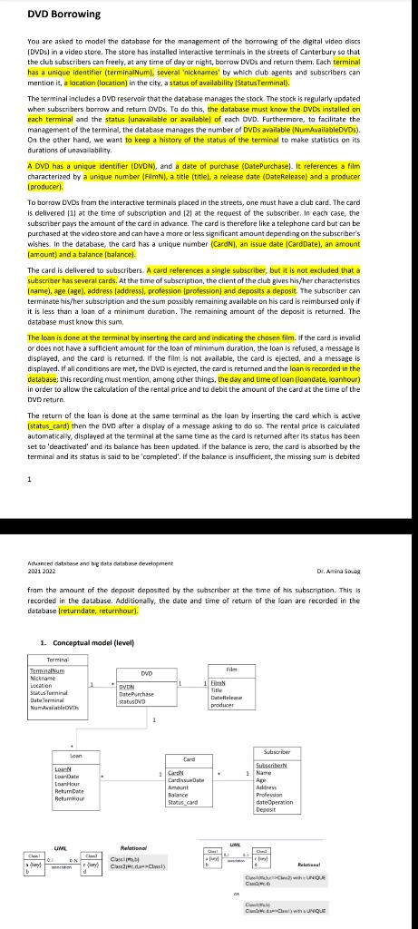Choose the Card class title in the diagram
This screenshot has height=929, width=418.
coord(190,759)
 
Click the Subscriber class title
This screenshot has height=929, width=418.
coord(277,752)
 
